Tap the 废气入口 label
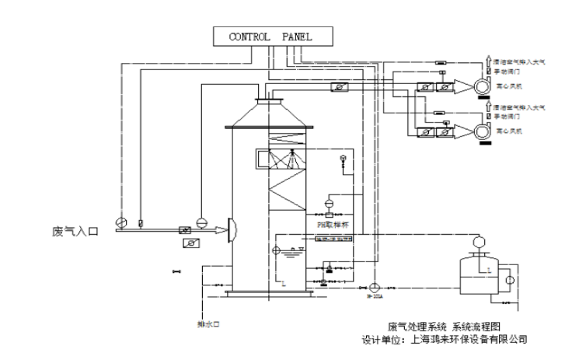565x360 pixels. tap(75, 232)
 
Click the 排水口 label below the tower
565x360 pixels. tap(206, 321)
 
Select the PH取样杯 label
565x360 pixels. tap(333, 224)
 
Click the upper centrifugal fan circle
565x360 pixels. tap(483, 86)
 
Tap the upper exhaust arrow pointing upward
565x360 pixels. tap(487, 59)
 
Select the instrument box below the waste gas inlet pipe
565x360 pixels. tap(187, 243)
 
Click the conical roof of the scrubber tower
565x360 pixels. tap(268, 113)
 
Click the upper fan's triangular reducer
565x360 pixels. tap(463, 86)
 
